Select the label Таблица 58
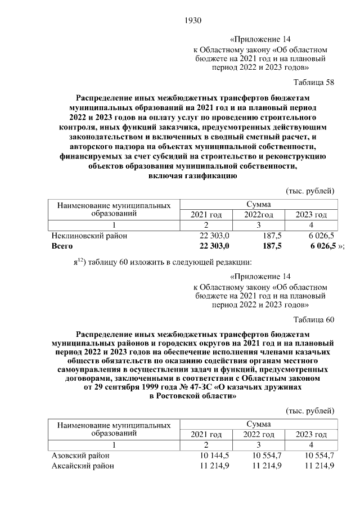tap(314, 82)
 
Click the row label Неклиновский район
tap(89, 236)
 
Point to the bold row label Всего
tap(62, 246)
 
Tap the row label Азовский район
tap(80, 456)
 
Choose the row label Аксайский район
tap(83, 466)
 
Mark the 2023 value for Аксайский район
tap(319, 466)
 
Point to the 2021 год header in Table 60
tap(206, 435)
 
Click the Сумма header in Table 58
tap(258, 204)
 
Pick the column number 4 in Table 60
tap(312, 445)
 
